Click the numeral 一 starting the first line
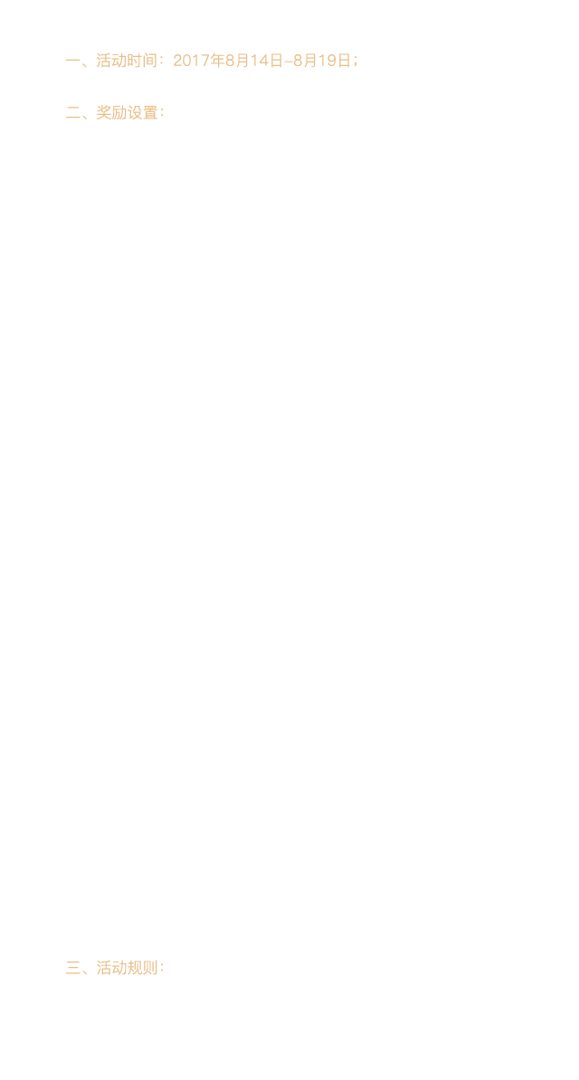(73, 61)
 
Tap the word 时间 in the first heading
(142, 61)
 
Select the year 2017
(191, 61)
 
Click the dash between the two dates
(288, 62)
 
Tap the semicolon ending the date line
(356, 62)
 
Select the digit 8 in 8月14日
(230, 61)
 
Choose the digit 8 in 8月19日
(298, 61)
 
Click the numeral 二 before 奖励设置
(73, 113)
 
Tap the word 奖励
(111, 112)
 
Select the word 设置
(142, 112)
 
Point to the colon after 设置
(162, 113)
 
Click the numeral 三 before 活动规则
(73, 968)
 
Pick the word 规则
(142, 968)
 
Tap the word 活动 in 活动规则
(111, 968)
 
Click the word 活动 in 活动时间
(111, 61)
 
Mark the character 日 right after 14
(275, 61)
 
